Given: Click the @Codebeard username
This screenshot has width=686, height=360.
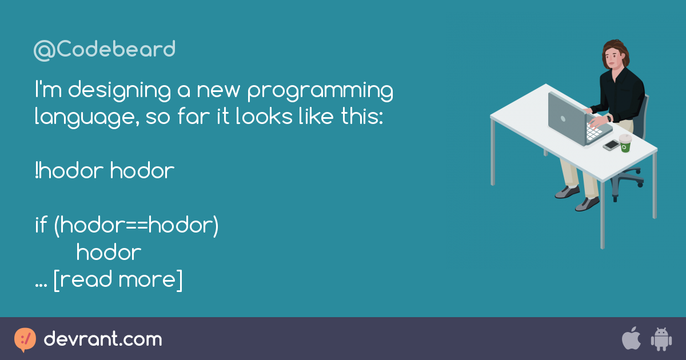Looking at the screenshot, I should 105,50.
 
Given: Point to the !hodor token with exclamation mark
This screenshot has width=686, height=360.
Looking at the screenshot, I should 69,171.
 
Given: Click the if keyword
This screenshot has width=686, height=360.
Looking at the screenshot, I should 41,225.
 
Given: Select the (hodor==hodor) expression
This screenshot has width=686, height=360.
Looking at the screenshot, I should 136,226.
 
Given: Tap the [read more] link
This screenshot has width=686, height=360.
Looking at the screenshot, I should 118,280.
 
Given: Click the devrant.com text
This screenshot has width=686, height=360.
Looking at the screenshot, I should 103,339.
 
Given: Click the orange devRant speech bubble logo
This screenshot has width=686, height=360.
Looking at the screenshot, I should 25,339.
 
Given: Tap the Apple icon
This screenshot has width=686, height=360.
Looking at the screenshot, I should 631,339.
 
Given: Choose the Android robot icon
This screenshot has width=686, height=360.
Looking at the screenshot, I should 661,339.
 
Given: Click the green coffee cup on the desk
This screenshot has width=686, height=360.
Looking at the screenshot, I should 625,143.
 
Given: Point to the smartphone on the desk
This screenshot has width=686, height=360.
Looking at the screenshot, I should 611,145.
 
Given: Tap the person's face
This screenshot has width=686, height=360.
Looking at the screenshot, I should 612,56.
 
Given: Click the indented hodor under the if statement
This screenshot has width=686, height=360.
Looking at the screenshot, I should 109,253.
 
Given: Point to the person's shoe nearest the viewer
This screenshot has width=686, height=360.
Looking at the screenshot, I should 587,203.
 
